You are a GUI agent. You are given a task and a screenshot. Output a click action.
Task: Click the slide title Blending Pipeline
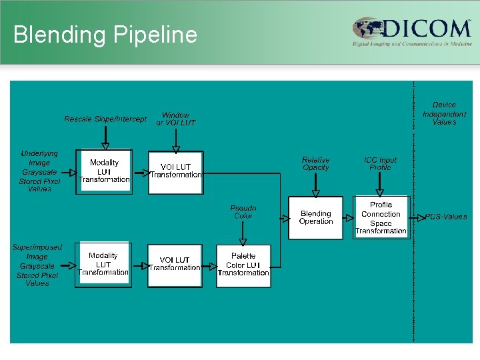tap(105, 35)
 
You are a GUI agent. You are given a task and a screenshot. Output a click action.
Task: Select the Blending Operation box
tap(315, 218)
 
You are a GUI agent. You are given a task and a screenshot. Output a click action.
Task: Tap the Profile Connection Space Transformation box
tap(381, 218)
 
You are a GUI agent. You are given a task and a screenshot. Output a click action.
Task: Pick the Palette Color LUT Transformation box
tap(243, 265)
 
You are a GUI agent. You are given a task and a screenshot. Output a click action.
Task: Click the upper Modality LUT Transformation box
tap(104, 171)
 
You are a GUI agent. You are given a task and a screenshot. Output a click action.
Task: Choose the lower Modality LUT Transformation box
tap(103, 265)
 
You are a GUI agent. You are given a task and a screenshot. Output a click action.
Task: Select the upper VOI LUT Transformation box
tap(175, 171)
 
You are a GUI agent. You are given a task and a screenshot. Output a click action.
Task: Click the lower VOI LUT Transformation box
tap(175, 265)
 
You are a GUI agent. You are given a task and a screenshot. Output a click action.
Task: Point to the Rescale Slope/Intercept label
tap(105, 119)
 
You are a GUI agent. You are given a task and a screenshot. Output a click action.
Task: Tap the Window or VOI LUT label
tap(175, 119)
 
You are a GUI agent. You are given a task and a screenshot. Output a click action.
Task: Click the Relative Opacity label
tap(315, 164)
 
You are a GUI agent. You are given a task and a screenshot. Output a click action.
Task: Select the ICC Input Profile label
tap(380, 164)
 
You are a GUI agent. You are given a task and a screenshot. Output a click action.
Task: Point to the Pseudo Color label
tap(243, 212)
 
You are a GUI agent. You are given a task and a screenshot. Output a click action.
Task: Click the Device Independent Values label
tap(444, 113)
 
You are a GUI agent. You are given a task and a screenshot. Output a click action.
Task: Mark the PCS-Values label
tap(447, 217)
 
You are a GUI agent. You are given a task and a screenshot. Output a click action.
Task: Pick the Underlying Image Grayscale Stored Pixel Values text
tap(39, 171)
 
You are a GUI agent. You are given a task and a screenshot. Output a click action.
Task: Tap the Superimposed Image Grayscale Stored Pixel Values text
tap(37, 265)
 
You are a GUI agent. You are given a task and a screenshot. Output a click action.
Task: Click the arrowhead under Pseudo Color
tap(243, 241)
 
